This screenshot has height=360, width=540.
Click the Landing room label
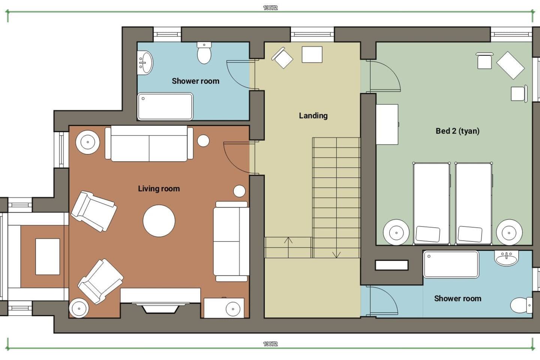[313, 116]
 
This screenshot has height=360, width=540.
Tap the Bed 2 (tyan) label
[457, 131]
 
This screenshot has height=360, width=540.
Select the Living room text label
[159, 189]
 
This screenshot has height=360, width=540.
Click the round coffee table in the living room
[159, 220]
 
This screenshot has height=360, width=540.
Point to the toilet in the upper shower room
[204, 52]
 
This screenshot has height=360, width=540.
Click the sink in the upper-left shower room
[145, 63]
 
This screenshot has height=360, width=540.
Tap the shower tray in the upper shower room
[165, 106]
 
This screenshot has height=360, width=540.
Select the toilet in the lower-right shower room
[521, 305]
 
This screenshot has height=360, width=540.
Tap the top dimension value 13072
[270, 8]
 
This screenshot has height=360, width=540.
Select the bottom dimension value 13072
[270, 344]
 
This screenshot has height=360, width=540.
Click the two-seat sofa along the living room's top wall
[149, 144]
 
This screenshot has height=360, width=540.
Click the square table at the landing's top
[312, 54]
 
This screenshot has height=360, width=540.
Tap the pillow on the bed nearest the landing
[427, 234]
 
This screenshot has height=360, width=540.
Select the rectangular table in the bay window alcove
[48, 256]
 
